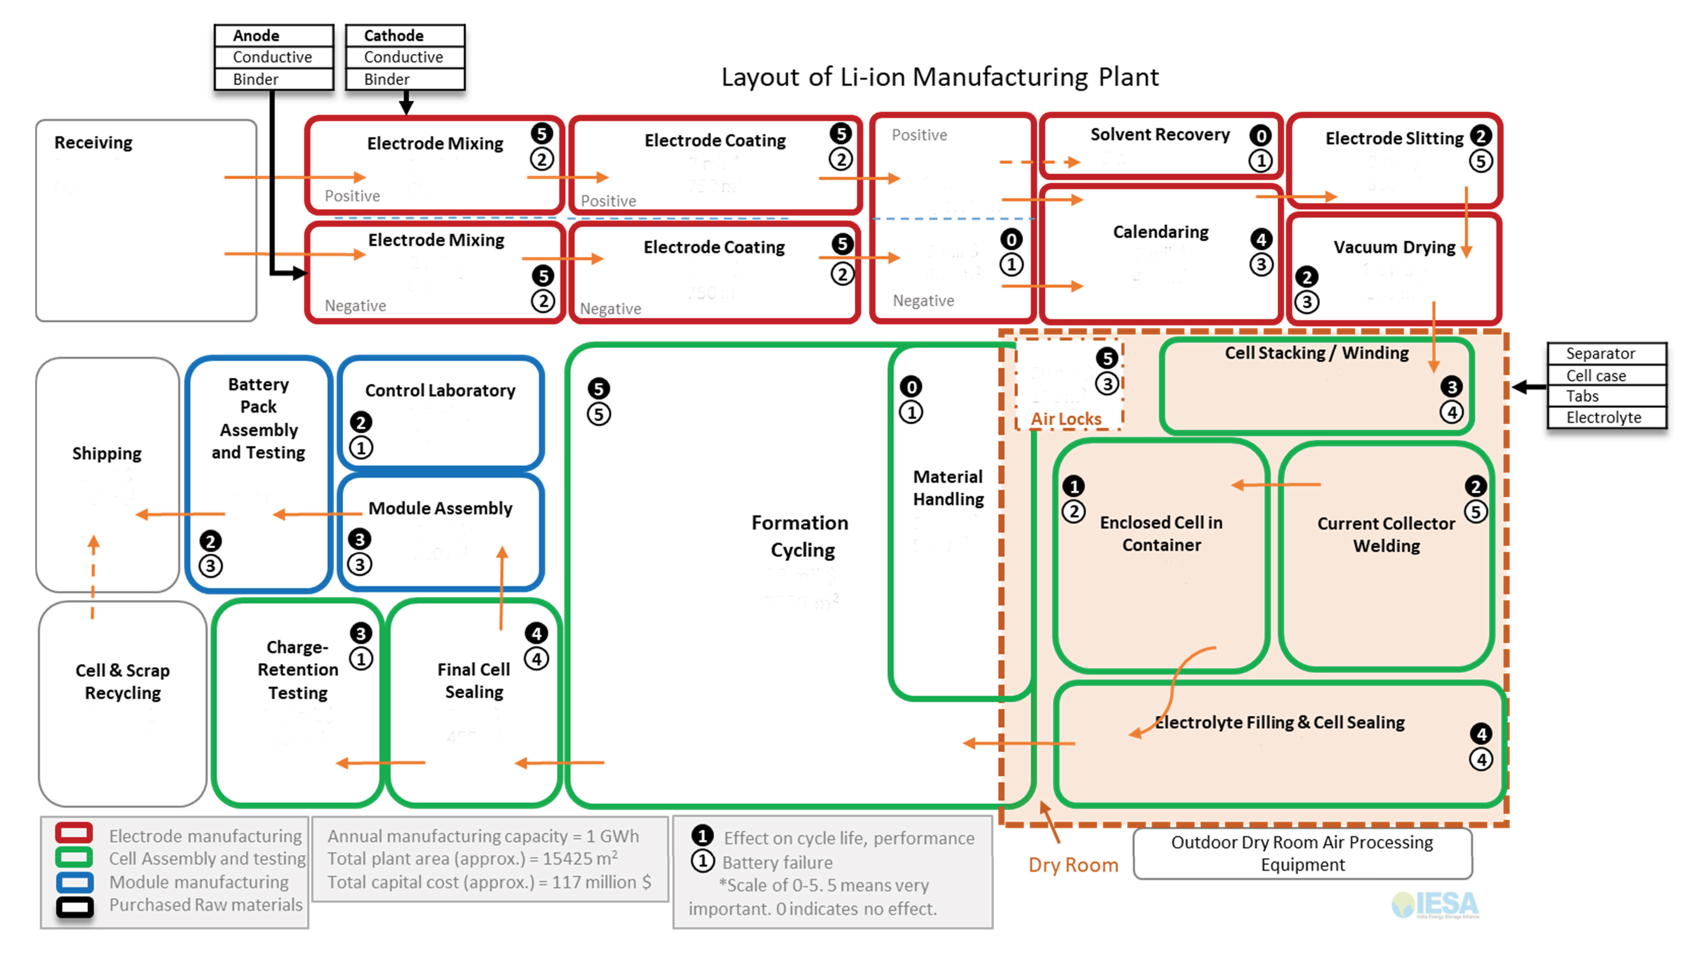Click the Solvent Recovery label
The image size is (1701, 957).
tap(1159, 135)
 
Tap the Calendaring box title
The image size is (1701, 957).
tap(1160, 232)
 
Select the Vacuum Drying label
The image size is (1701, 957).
tap(1394, 247)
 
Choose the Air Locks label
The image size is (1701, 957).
tap(1066, 419)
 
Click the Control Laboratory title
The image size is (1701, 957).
tap(440, 391)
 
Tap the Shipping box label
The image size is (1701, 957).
tap(107, 453)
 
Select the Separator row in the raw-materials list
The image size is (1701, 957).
tap(1600, 354)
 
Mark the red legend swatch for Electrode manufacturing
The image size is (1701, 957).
tap(74, 834)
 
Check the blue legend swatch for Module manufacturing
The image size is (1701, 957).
tap(74, 882)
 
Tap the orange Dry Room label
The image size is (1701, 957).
tap(1073, 865)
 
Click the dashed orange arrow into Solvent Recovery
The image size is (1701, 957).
tap(1040, 162)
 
